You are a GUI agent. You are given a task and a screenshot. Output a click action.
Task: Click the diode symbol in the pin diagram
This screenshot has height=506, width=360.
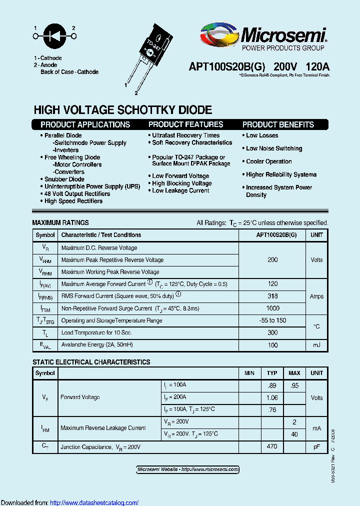pyautogui.click(x=54, y=36)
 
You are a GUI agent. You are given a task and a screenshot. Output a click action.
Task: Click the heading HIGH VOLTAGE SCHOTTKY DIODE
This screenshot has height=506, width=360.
pyautogui.click(x=122, y=109)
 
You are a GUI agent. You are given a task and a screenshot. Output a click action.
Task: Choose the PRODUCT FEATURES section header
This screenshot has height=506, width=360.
pyautogui.click(x=185, y=124)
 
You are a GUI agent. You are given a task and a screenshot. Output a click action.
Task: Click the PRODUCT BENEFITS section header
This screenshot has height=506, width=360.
pyautogui.click(x=278, y=124)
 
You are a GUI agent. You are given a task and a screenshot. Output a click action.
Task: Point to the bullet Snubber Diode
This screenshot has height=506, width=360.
pyautogui.click(x=64, y=179)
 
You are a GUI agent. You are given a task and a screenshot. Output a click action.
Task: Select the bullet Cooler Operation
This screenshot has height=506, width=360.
pyautogui.click(x=269, y=161)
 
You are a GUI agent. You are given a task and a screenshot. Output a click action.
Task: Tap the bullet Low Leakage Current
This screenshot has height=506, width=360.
pyautogui.click(x=180, y=190)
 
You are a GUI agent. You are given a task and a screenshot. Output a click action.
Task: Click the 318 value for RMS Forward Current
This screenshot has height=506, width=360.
pyautogui.click(x=272, y=296)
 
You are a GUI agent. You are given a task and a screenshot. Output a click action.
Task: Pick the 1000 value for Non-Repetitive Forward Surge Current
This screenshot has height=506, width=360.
pyautogui.click(x=272, y=308)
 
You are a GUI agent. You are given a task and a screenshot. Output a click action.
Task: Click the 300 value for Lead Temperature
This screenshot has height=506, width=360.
pyautogui.click(x=272, y=332)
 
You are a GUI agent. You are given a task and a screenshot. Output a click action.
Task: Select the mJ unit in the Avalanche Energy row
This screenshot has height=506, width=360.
pyautogui.click(x=316, y=345)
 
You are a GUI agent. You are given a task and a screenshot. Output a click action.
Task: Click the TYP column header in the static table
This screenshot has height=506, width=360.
pyautogui.click(x=272, y=373)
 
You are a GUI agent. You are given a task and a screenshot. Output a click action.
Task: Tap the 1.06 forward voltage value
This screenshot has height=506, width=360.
pyautogui.click(x=272, y=397)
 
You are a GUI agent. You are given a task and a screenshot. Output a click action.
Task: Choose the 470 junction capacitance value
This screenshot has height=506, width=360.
pyautogui.click(x=272, y=446)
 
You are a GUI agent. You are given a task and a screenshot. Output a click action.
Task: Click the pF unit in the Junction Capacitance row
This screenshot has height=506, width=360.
pyautogui.click(x=316, y=446)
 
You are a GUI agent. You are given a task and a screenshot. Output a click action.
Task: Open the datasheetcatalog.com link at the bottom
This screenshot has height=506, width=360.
pyautogui.click(x=94, y=502)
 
